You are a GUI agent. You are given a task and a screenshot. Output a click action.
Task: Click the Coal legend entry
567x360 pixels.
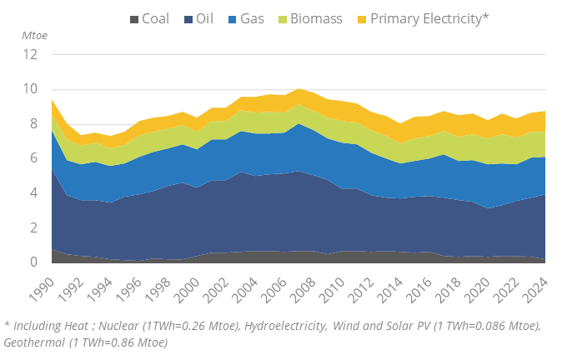tap(154, 17)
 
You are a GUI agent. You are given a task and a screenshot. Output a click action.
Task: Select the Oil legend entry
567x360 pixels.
tap(205, 17)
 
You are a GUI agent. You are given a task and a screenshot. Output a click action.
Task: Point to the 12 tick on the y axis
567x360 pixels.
tap(31, 55)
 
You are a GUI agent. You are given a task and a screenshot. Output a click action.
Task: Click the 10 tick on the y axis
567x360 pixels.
tap(31, 89)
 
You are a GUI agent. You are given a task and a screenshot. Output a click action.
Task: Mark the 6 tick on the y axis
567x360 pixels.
tap(33, 158)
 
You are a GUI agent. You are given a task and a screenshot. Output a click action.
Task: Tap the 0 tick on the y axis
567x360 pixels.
tap(33, 262)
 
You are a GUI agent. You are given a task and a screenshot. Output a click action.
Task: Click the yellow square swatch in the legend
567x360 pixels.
tap(360, 18)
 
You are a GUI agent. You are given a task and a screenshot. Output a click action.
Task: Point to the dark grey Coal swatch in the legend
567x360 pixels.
tap(133, 18)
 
